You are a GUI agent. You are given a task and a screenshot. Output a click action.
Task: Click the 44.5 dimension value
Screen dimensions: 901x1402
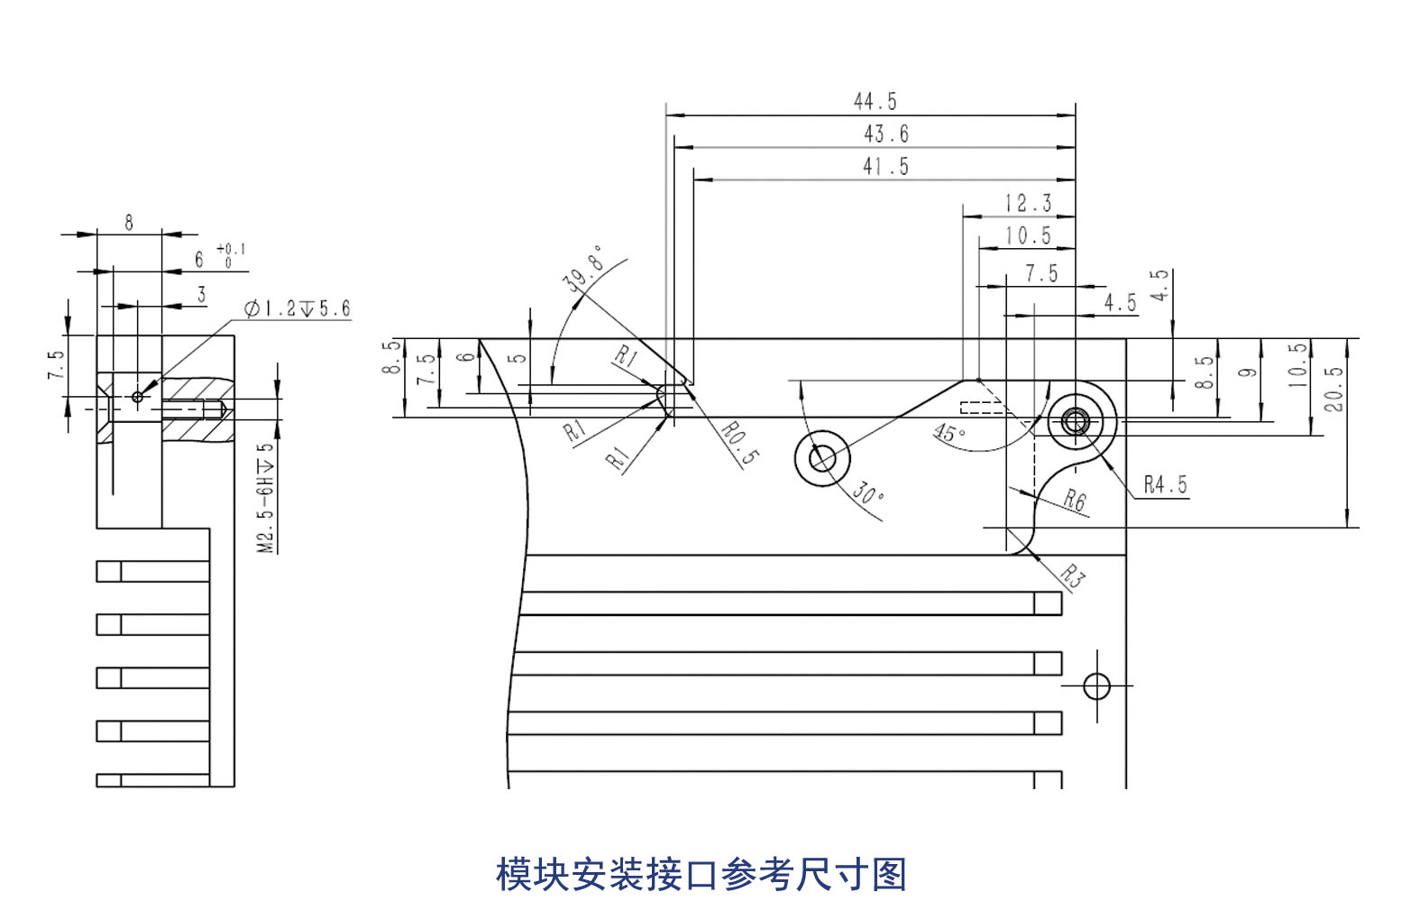pyautogui.click(x=875, y=101)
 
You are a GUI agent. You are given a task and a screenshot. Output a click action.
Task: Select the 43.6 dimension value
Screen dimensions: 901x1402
pyautogui.click(x=885, y=133)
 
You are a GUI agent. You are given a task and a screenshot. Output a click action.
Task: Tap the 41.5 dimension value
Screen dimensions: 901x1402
pyautogui.click(x=885, y=166)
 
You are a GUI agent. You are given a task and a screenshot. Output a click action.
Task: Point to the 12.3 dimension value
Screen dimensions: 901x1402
pyautogui.click(x=1028, y=203)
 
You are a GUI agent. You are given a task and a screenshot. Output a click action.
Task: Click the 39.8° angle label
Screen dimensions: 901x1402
pyautogui.click(x=583, y=267)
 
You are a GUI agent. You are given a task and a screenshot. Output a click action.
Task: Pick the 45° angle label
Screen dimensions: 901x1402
pyautogui.click(x=948, y=433)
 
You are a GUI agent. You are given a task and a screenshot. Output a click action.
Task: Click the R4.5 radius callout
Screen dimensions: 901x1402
pyautogui.click(x=1165, y=484)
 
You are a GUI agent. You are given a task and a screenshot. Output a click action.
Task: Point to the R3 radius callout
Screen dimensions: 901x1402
pyautogui.click(x=1071, y=575)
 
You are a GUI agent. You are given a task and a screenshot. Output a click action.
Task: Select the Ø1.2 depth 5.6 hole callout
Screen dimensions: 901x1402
pyautogui.click(x=298, y=308)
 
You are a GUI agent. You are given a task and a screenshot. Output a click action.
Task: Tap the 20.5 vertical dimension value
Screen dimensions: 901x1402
pyautogui.click(x=1333, y=389)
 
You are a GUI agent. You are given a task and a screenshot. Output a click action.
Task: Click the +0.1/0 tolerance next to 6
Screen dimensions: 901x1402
pyautogui.click(x=230, y=255)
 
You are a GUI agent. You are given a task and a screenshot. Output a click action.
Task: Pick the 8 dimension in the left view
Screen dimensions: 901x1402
pyautogui.click(x=129, y=222)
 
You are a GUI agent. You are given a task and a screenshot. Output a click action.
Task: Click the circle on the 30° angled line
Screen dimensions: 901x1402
pyautogui.click(x=821, y=458)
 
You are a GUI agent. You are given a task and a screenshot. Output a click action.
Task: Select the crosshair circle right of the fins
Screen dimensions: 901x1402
pyautogui.click(x=1096, y=686)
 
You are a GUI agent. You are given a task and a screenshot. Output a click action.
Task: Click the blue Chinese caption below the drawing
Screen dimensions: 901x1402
pyautogui.click(x=701, y=874)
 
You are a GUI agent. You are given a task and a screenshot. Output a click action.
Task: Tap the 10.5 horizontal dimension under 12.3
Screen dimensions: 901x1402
pyautogui.click(x=1028, y=235)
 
